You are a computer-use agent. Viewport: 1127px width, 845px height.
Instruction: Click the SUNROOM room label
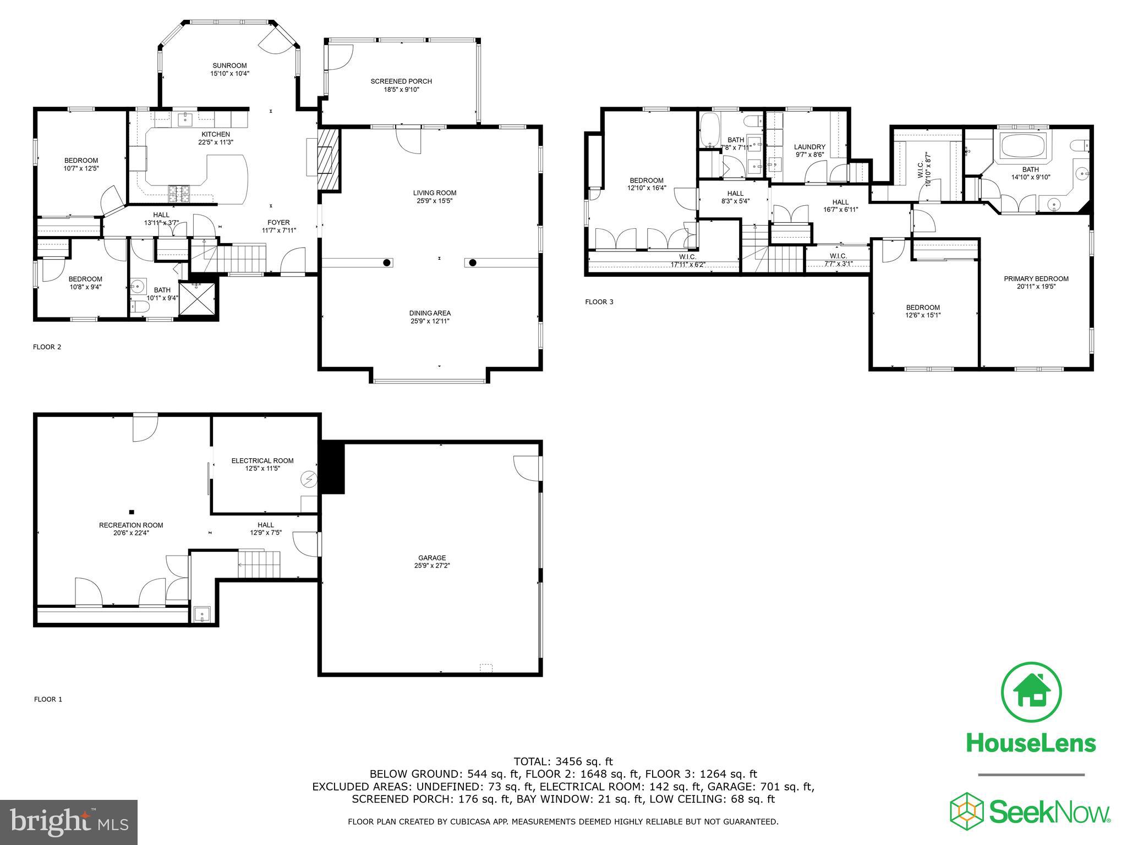(229, 65)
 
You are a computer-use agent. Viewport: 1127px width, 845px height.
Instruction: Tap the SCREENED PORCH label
(401, 81)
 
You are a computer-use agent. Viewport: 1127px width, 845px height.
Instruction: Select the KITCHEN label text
(215, 134)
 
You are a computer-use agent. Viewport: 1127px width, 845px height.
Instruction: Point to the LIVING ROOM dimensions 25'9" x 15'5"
(435, 201)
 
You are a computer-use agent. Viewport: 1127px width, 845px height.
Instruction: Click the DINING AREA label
(430, 313)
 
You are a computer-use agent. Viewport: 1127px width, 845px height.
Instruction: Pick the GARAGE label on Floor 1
(432, 558)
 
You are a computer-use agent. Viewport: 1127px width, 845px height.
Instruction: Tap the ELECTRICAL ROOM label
(262, 460)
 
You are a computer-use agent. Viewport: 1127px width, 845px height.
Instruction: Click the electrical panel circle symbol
(309, 480)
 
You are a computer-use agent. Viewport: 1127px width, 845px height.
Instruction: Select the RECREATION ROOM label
(131, 525)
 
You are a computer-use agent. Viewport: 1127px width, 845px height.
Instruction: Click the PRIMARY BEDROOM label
(1036, 279)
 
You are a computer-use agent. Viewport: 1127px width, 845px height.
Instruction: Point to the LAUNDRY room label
(809, 147)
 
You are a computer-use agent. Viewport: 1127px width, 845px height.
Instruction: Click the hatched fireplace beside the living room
(329, 159)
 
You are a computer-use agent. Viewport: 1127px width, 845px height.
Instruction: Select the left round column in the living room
(387, 262)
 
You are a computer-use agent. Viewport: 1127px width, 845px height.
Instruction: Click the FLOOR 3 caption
(599, 301)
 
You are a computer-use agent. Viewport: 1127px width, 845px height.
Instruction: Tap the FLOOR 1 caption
(48, 699)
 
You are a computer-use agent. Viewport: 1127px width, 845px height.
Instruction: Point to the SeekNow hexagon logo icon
(967, 812)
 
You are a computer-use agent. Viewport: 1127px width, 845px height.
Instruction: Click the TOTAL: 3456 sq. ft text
(563, 761)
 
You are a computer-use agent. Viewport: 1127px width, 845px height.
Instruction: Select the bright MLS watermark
(69, 822)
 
